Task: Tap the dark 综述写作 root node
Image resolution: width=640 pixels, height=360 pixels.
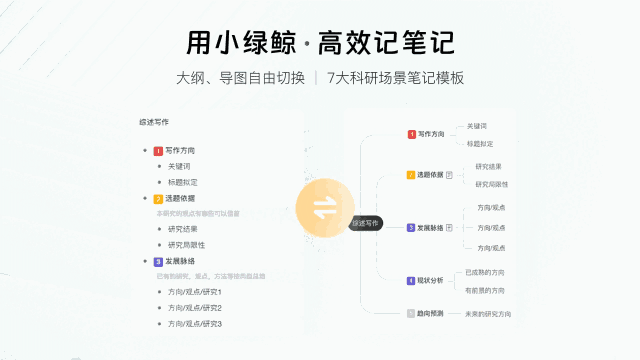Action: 366,223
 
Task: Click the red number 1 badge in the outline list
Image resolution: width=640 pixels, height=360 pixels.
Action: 158,151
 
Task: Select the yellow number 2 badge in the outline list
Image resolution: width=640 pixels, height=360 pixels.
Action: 158,199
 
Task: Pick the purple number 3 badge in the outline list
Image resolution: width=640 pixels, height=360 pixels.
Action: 158,262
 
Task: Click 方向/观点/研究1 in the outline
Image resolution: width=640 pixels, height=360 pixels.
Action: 194,292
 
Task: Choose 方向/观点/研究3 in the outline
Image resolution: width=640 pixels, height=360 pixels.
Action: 194,323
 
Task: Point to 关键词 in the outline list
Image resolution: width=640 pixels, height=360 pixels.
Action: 179,166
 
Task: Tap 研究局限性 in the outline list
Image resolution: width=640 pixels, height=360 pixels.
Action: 187,244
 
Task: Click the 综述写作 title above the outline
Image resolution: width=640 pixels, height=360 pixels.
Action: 154,122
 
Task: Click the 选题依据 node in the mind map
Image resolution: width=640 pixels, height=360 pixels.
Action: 431,175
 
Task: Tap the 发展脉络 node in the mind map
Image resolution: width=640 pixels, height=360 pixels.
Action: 431,227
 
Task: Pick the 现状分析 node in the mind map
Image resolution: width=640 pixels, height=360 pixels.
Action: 431,280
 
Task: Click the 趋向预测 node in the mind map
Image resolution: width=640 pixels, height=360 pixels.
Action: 431,314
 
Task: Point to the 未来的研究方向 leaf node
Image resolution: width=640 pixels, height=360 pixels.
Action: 488,314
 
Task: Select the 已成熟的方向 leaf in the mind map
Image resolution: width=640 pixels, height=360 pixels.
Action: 485,272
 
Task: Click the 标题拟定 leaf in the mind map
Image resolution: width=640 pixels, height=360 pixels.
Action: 480,144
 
